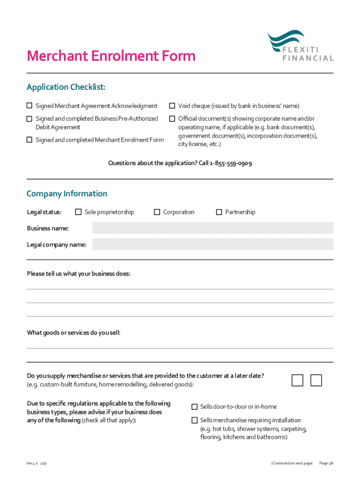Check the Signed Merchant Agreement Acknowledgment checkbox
(x=29, y=106)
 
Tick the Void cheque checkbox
(x=172, y=106)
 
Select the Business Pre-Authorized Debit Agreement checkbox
(x=29, y=119)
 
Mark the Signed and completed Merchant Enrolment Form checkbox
(x=29, y=139)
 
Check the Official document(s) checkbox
(x=172, y=119)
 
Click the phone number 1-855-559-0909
(x=231, y=163)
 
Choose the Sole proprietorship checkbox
(x=78, y=212)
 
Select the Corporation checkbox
(x=157, y=212)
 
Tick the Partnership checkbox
(x=219, y=212)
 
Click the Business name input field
(x=213, y=228)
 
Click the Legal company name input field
(x=213, y=244)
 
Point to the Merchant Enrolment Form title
(x=111, y=56)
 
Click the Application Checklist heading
(x=66, y=87)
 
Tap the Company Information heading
(x=67, y=194)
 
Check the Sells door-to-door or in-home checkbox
(x=194, y=406)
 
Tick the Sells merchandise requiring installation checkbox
(x=194, y=420)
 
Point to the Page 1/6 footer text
(x=326, y=463)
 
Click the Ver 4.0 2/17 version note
(x=36, y=463)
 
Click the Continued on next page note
(x=292, y=463)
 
